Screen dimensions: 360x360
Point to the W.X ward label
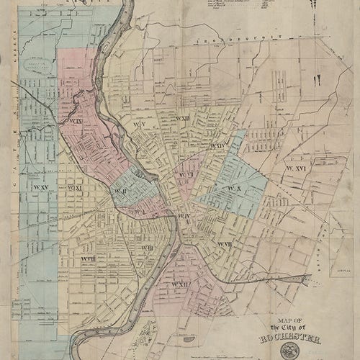(232, 189)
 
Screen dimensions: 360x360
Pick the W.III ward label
(146, 248)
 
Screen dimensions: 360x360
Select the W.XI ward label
(75, 188)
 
